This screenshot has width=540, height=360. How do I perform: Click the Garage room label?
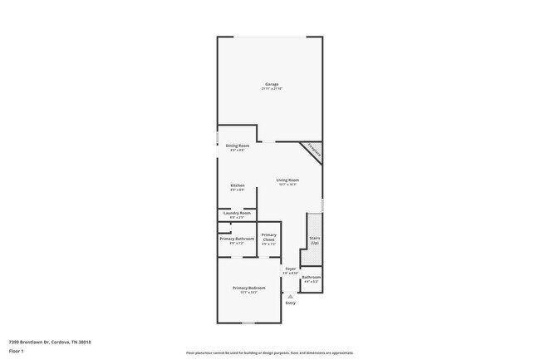pyautogui.click(x=272, y=84)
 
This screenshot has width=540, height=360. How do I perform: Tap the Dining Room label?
pyautogui.click(x=238, y=145)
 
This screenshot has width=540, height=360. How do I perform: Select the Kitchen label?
pyautogui.click(x=237, y=185)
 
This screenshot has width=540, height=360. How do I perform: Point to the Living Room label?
pyautogui.click(x=287, y=180)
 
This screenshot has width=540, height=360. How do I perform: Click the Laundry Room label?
pyautogui.click(x=237, y=213)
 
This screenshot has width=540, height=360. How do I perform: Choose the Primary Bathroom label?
pyautogui.click(x=237, y=239)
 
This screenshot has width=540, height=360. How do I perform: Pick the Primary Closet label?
pyautogui.click(x=268, y=238)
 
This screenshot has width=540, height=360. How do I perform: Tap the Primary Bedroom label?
pyautogui.click(x=248, y=288)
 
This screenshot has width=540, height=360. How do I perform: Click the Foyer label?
pyautogui.click(x=290, y=269)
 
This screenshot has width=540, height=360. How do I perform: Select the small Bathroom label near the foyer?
pyautogui.click(x=311, y=277)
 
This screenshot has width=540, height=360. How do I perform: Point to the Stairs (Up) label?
pyautogui.click(x=315, y=239)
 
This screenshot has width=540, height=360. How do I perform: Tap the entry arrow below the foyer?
pyautogui.click(x=290, y=295)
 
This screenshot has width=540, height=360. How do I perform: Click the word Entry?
pyautogui.click(x=290, y=303)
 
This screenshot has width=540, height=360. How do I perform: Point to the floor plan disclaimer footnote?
pyautogui.click(x=269, y=353)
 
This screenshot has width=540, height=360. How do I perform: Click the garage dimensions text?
pyautogui.click(x=272, y=88)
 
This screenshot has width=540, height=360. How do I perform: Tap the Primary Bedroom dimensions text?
pyautogui.click(x=248, y=293)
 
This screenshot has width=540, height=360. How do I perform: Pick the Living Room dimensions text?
pyautogui.click(x=287, y=185)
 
